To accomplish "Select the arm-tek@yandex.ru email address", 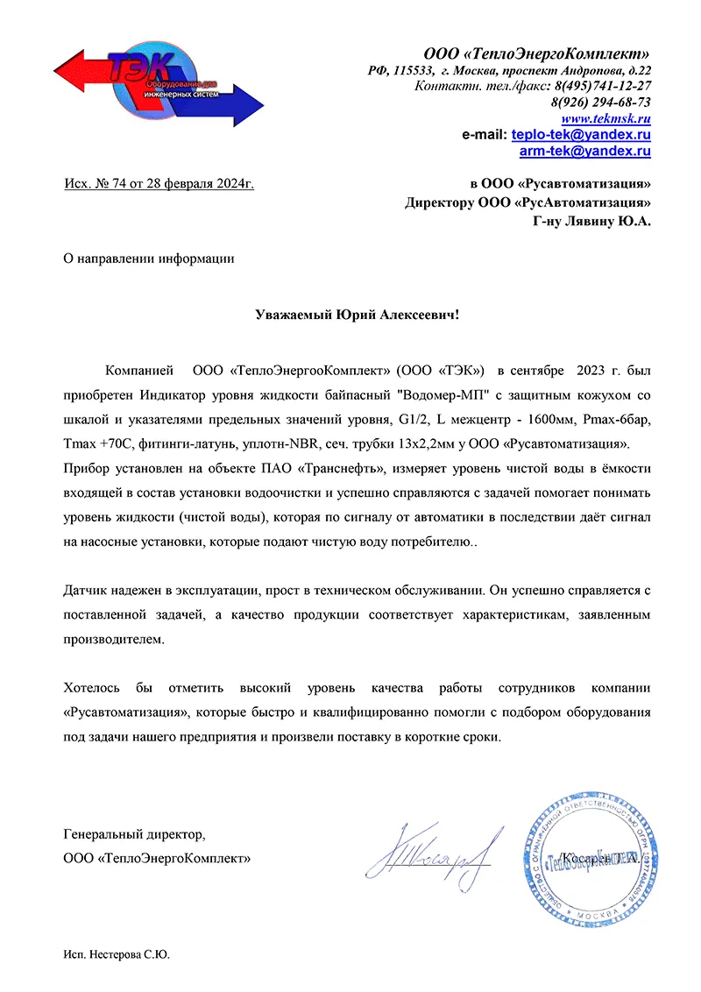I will pos(584,152).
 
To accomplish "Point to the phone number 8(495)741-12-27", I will pos(598,86).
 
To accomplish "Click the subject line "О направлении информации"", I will pos(150,258).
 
